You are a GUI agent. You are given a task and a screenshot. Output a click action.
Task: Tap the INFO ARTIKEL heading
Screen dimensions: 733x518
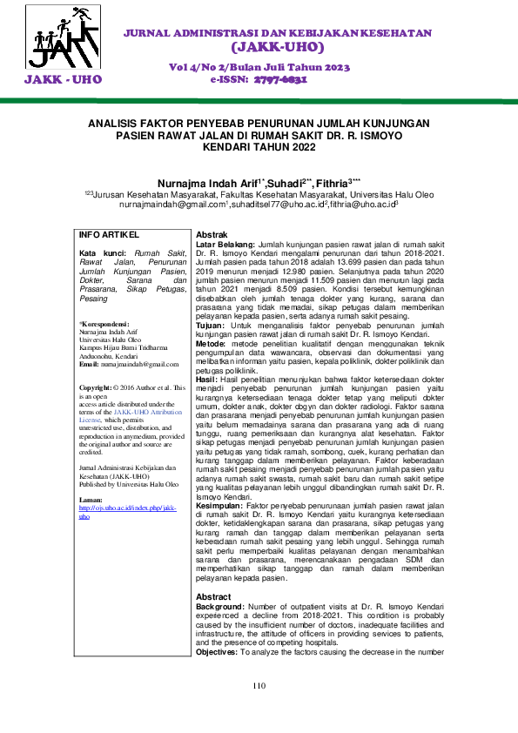pos(109,235)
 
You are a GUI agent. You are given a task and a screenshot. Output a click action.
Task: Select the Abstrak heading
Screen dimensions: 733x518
pos(212,236)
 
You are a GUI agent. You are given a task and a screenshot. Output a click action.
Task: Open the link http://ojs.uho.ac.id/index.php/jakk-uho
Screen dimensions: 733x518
pos(127,510)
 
